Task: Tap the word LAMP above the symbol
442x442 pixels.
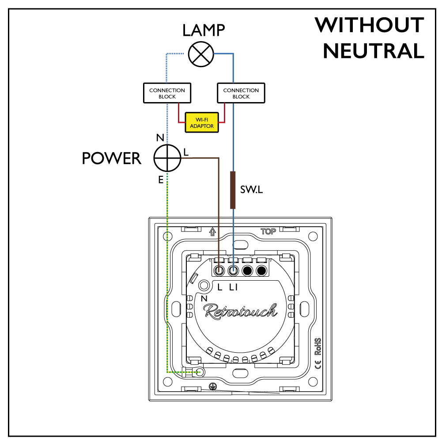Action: click(x=204, y=30)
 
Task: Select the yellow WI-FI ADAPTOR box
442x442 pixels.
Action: click(x=202, y=122)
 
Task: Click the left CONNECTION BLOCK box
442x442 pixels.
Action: click(x=167, y=93)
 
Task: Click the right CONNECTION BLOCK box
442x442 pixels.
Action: click(x=241, y=93)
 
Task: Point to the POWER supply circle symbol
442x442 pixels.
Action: click(x=167, y=157)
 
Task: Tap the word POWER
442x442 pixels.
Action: click(x=112, y=158)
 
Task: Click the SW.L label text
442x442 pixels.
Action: click(x=252, y=191)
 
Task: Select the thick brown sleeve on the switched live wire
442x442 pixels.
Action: click(x=233, y=190)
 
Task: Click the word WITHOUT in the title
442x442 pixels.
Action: click(x=369, y=25)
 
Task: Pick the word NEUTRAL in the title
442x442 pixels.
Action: click(x=374, y=51)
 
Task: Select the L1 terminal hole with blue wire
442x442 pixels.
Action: click(x=234, y=270)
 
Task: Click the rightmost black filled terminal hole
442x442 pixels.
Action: click(x=261, y=270)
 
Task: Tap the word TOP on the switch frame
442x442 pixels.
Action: click(x=268, y=231)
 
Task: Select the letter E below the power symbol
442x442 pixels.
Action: click(x=161, y=179)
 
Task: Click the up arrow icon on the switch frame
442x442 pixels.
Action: click(x=212, y=231)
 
